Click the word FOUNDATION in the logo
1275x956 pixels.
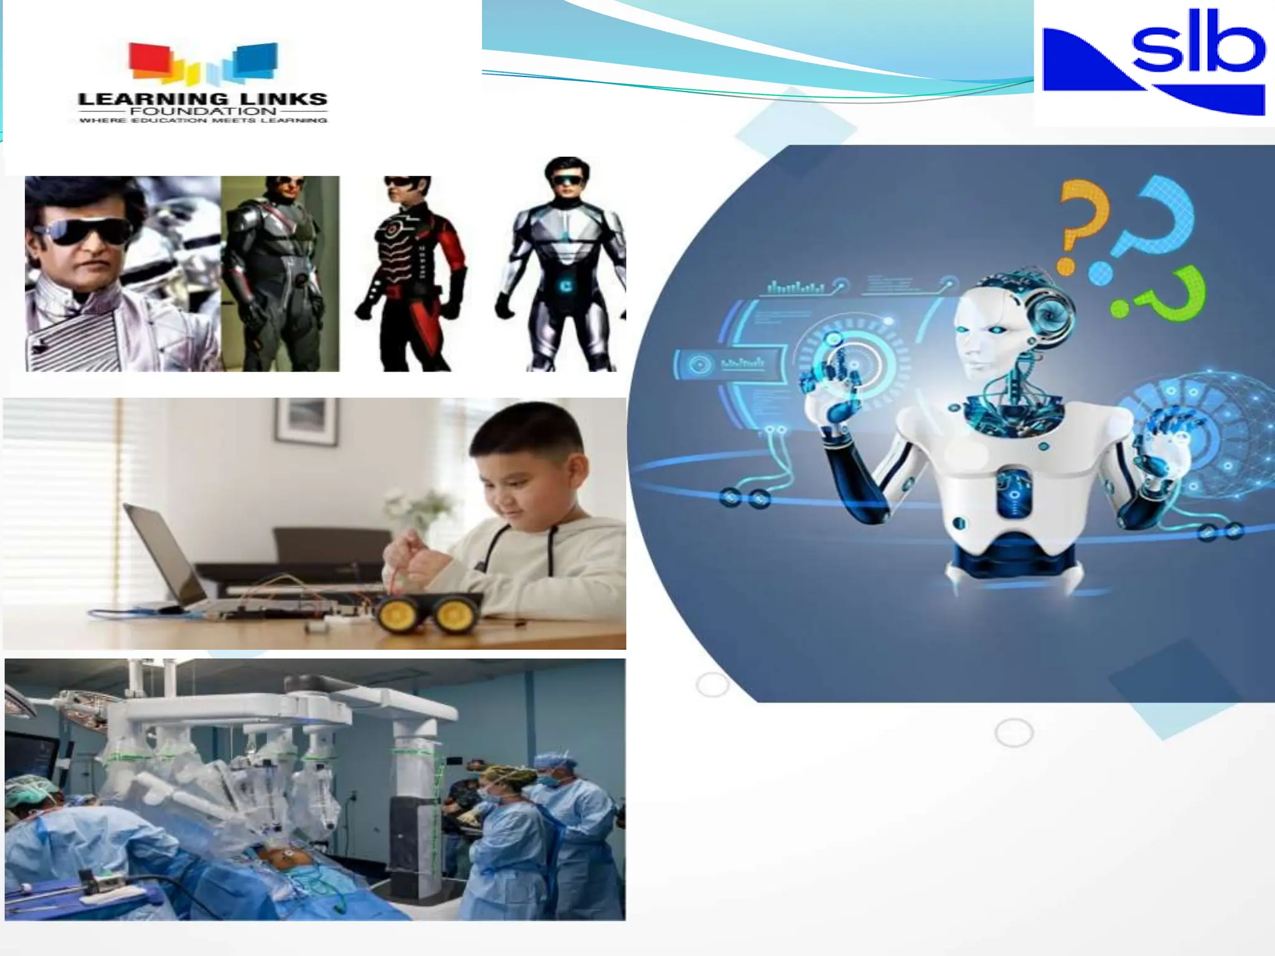click(203, 111)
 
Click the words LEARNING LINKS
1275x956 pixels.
click(203, 98)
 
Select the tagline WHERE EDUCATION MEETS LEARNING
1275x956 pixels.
click(203, 120)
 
